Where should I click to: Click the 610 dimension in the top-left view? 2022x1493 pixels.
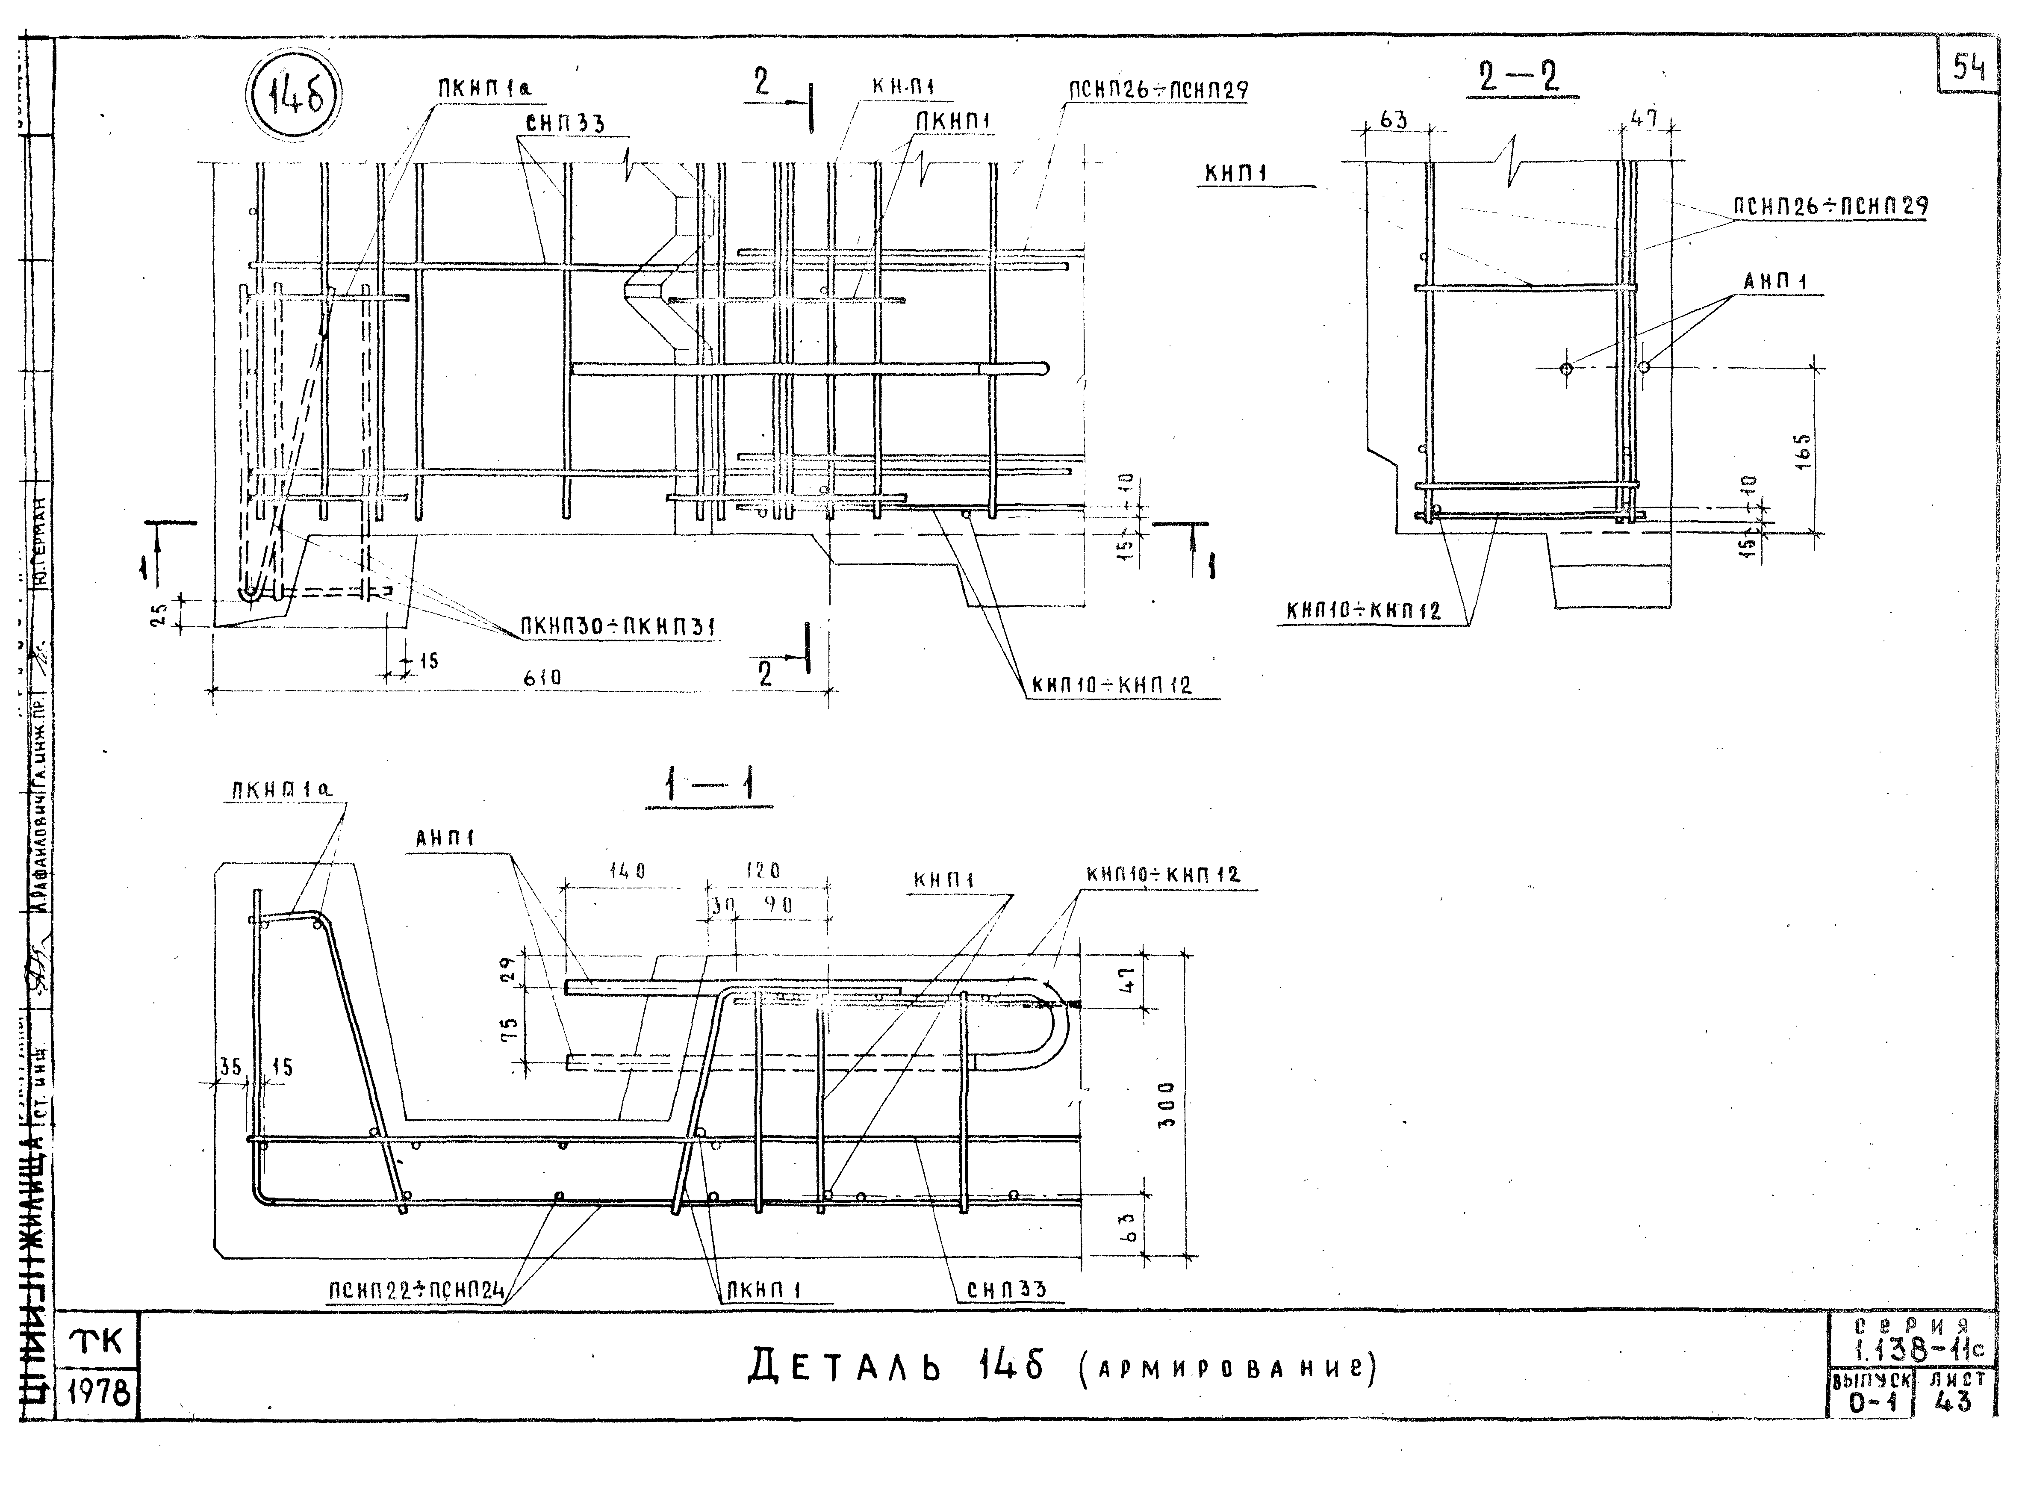pos(542,677)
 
